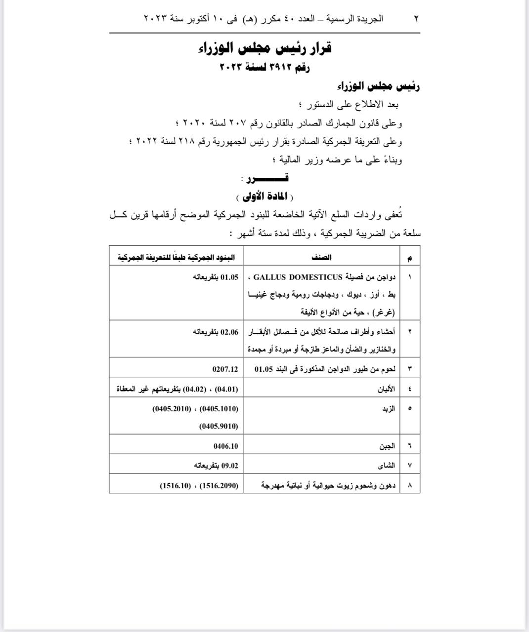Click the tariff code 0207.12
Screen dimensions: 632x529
[225, 369]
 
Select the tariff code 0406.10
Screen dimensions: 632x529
[225, 446]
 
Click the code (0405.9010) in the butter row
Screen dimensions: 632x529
[219, 426]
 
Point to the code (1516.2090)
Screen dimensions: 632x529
[218, 485]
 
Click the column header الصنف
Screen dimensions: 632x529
[322, 257]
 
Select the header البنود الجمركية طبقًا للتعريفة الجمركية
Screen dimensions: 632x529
[176, 257]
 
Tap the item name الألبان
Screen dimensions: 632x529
[386, 389]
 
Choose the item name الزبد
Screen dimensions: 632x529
[389, 409]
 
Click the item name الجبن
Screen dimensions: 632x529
[387, 446]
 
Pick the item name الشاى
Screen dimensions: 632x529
[387, 465]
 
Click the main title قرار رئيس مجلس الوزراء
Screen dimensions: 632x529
[265, 48]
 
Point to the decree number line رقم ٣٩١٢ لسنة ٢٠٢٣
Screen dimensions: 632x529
[264, 68]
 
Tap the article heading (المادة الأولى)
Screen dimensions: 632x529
[265, 197]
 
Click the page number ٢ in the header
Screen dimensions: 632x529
[416, 19]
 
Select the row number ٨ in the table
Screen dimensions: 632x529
[410, 485]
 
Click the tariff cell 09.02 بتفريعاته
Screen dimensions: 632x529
[216, 465]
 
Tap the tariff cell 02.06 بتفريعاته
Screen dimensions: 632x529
[216, 332]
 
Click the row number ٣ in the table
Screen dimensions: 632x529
[410, 369]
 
